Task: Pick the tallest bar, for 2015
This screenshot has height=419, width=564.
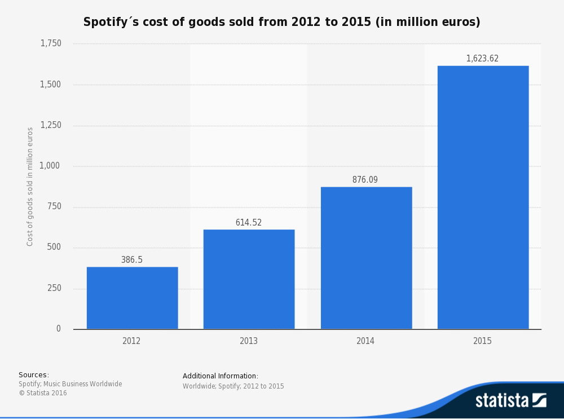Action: [x=483, y=197]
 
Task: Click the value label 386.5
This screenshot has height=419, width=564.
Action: [x=132, y=260]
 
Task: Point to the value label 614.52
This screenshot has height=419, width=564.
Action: [x=249, y=223]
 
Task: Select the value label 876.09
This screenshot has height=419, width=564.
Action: [x=365, y=180]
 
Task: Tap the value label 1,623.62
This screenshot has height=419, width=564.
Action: [x=482, y=59]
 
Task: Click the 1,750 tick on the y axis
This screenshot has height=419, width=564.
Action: [x=51, y=43]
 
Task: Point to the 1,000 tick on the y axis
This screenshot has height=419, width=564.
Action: [x=51, y=166]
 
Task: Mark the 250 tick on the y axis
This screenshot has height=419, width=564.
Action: [x=54, y=288]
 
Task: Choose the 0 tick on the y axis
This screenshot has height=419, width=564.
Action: [x=59, y=329]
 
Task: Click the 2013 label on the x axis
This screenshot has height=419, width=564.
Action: [x=249, y=341]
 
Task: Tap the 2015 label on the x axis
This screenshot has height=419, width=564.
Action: [x=483, y=341]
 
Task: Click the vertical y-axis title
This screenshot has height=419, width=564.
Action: [x=30, y=186]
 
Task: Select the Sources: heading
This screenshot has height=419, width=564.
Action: [x=34, y=375]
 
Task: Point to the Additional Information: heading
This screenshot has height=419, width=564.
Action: [x=221, y=376]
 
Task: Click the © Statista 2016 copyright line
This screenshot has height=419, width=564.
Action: [x=43, y=393]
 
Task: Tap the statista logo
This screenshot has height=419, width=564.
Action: [x=510, y=400]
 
